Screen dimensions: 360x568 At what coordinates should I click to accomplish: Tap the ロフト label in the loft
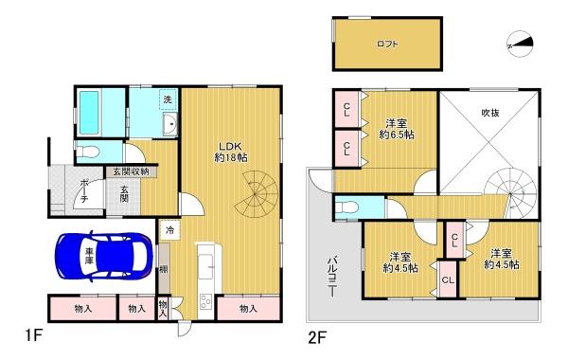[x=386, y=44]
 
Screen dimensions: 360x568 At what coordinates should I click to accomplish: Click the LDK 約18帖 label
[x=230, y=150]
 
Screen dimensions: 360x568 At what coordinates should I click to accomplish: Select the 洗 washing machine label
[x=167, y=100]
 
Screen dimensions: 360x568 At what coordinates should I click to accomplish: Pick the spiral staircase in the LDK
[x=257, y=189]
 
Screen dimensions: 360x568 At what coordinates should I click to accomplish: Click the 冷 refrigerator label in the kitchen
[x=169, y=230]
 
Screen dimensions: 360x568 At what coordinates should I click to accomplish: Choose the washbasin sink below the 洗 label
[x=171, y=125]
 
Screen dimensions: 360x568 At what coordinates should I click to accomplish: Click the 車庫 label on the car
[x=88, y=256]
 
